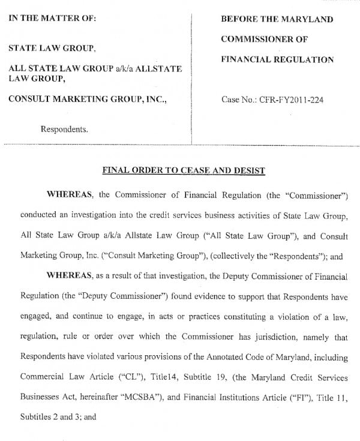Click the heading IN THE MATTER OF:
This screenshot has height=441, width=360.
pyautogui.click(x=52, y=18)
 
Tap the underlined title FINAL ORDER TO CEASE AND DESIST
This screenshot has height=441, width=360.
pyautogui.click(x=184, y=170)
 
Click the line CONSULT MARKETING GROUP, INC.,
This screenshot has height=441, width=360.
pyautogui.click(x=87, y=99)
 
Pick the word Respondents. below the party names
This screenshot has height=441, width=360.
pyautogui.click(x=64, y=128)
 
